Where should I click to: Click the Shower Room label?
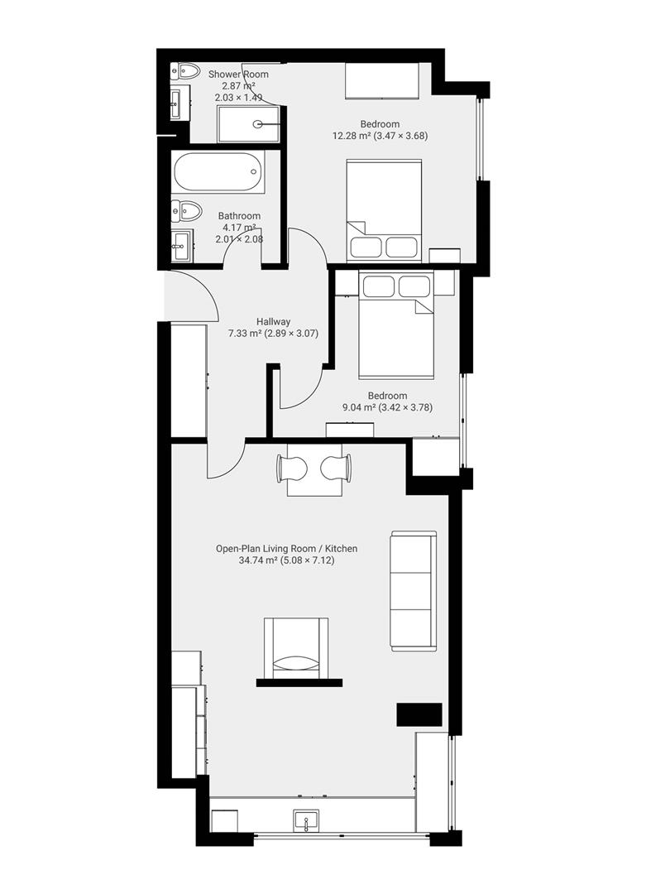pyautogui.click(x=238, y=74)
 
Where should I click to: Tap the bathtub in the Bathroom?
pyautogui.click(x=218, y=172)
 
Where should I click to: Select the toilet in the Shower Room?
pyautogui.click(x=185, y=72)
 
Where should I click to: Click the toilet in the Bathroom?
pyautogui.click(x=186, y=211)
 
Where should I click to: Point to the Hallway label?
pyautogui.click(x=273, y=322)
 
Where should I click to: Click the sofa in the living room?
pyautogui.click(x=412, y=590)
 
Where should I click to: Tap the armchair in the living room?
pyautogui.click(x=295, y=648)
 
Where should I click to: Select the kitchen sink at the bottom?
pyautogui.click(x=305, y=821)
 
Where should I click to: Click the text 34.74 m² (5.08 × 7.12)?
pyautogui.click(x=286, y=560)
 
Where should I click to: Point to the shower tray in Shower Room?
pyautogui.click(x=248, y=124)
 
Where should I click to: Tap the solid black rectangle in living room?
pyautogui.click(x=419, y=714)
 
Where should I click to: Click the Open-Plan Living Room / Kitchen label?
pyautogui.click(x=286, y=548)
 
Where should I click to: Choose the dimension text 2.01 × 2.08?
pyautogui.click(x=239, y=239)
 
